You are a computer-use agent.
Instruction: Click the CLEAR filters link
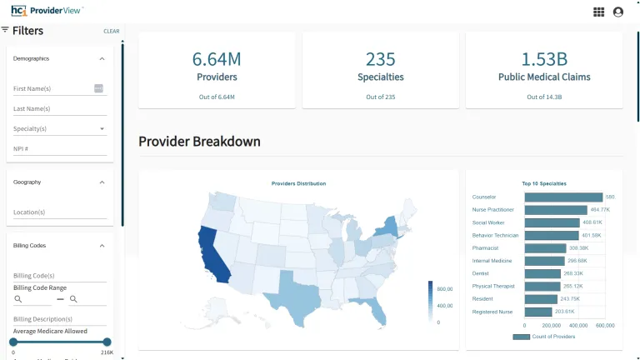pyautogui.click(x=112, y=32)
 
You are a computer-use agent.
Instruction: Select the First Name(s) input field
pyautogui.click(x=52, y=88)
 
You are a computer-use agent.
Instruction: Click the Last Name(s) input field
pyautogui.click(x=58, y=108)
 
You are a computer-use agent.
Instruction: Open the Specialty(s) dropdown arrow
pyautogui.click(x=102, y=129)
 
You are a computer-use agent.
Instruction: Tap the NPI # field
pyautogui.click(x=58, y=149)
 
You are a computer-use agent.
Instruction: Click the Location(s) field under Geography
pyautogui.click(x=58, y=212)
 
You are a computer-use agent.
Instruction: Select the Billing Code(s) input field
pyautogui.click(x=58, y=276)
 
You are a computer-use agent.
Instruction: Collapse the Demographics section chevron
pyautogui.click(x=102, y=59)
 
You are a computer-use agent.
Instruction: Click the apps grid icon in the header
pyautogui.click(x=598, y=12)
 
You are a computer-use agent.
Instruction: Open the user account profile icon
pyautogui.click(x=617, y=12)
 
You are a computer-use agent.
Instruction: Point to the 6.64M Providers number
pyautogui.click(x=217, y=59)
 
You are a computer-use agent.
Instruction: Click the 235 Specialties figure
pyautogui.click(x=380, y=59)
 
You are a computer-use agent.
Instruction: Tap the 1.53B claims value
pyautogui.click(x=544, y=59)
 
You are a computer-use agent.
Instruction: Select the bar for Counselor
pyautogui.click(x=563, y=197)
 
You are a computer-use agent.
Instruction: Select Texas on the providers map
pyautogui.click(x=294, y=293)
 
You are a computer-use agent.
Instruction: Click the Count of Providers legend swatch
pyautogui.click(x=521, y=337)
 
